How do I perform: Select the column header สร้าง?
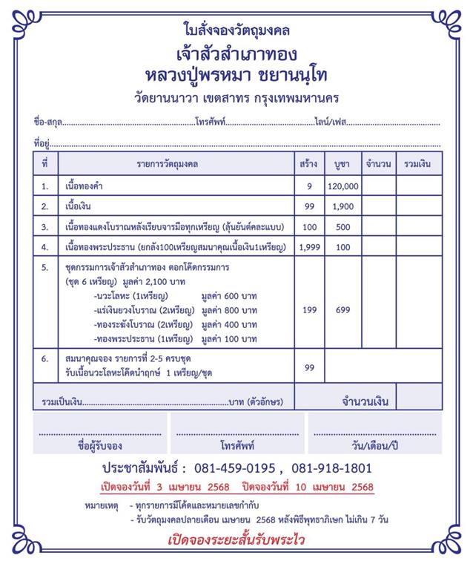308,163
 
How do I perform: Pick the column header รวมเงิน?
419,163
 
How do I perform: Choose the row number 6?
44,358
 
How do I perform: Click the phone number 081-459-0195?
234,468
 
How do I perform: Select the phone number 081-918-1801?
331,468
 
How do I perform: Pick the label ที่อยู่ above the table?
41,141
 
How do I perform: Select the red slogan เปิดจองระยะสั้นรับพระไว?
236,540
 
